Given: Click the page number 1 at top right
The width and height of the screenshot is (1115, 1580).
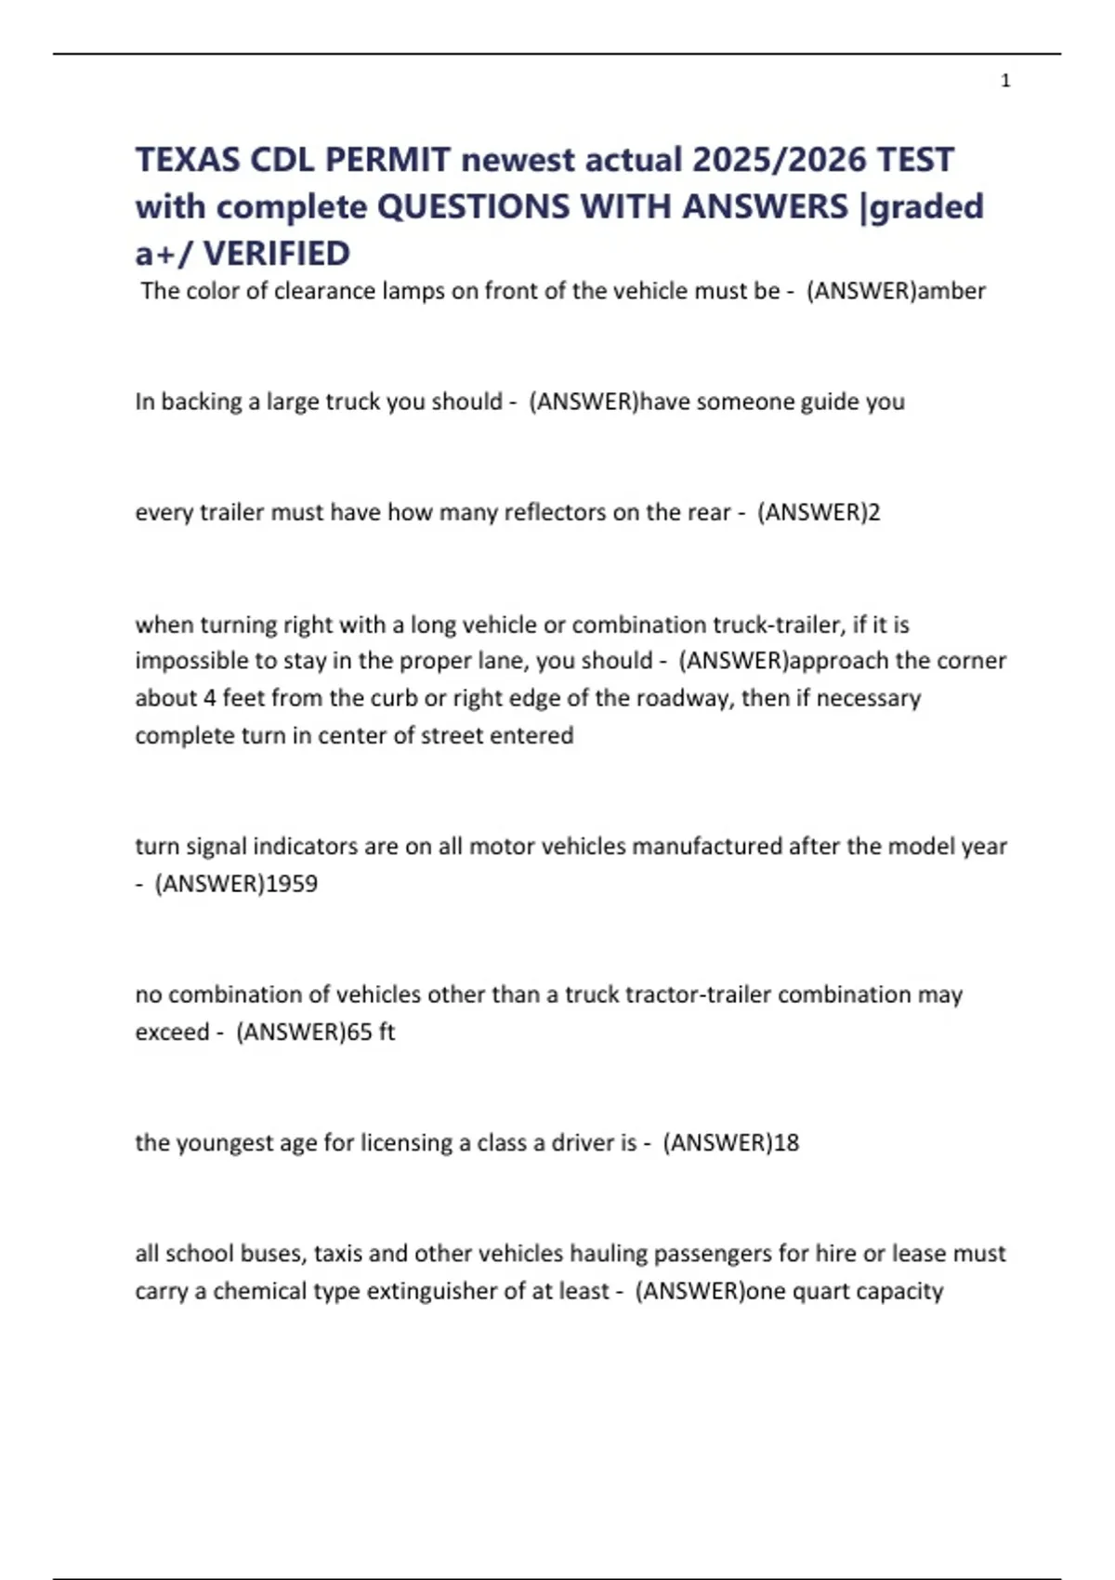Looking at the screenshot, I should click(1005, 81).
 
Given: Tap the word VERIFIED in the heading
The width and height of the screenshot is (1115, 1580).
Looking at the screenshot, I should click(277, 253).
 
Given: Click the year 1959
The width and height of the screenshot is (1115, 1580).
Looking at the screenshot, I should click(292, 883).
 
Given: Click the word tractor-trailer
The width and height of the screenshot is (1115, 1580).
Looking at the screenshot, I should click(698, 994).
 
